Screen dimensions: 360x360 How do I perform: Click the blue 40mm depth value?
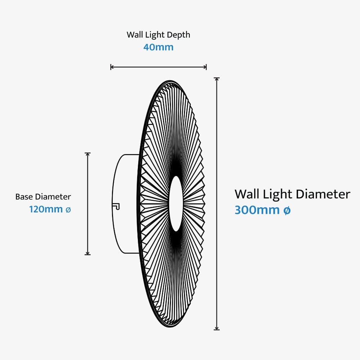[158, 47]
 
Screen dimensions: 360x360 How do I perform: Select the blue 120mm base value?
[46, 209]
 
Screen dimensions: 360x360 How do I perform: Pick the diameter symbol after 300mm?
[287, 211]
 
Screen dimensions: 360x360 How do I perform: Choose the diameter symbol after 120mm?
[68, 210]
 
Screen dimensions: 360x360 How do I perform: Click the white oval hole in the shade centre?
[176, 203]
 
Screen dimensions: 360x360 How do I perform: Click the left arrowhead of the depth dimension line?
[112, 67]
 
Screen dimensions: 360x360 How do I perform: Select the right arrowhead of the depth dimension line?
[205, 67]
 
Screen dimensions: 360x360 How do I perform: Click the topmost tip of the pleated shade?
[169, 81]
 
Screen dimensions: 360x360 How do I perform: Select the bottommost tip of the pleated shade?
[169, 327]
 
